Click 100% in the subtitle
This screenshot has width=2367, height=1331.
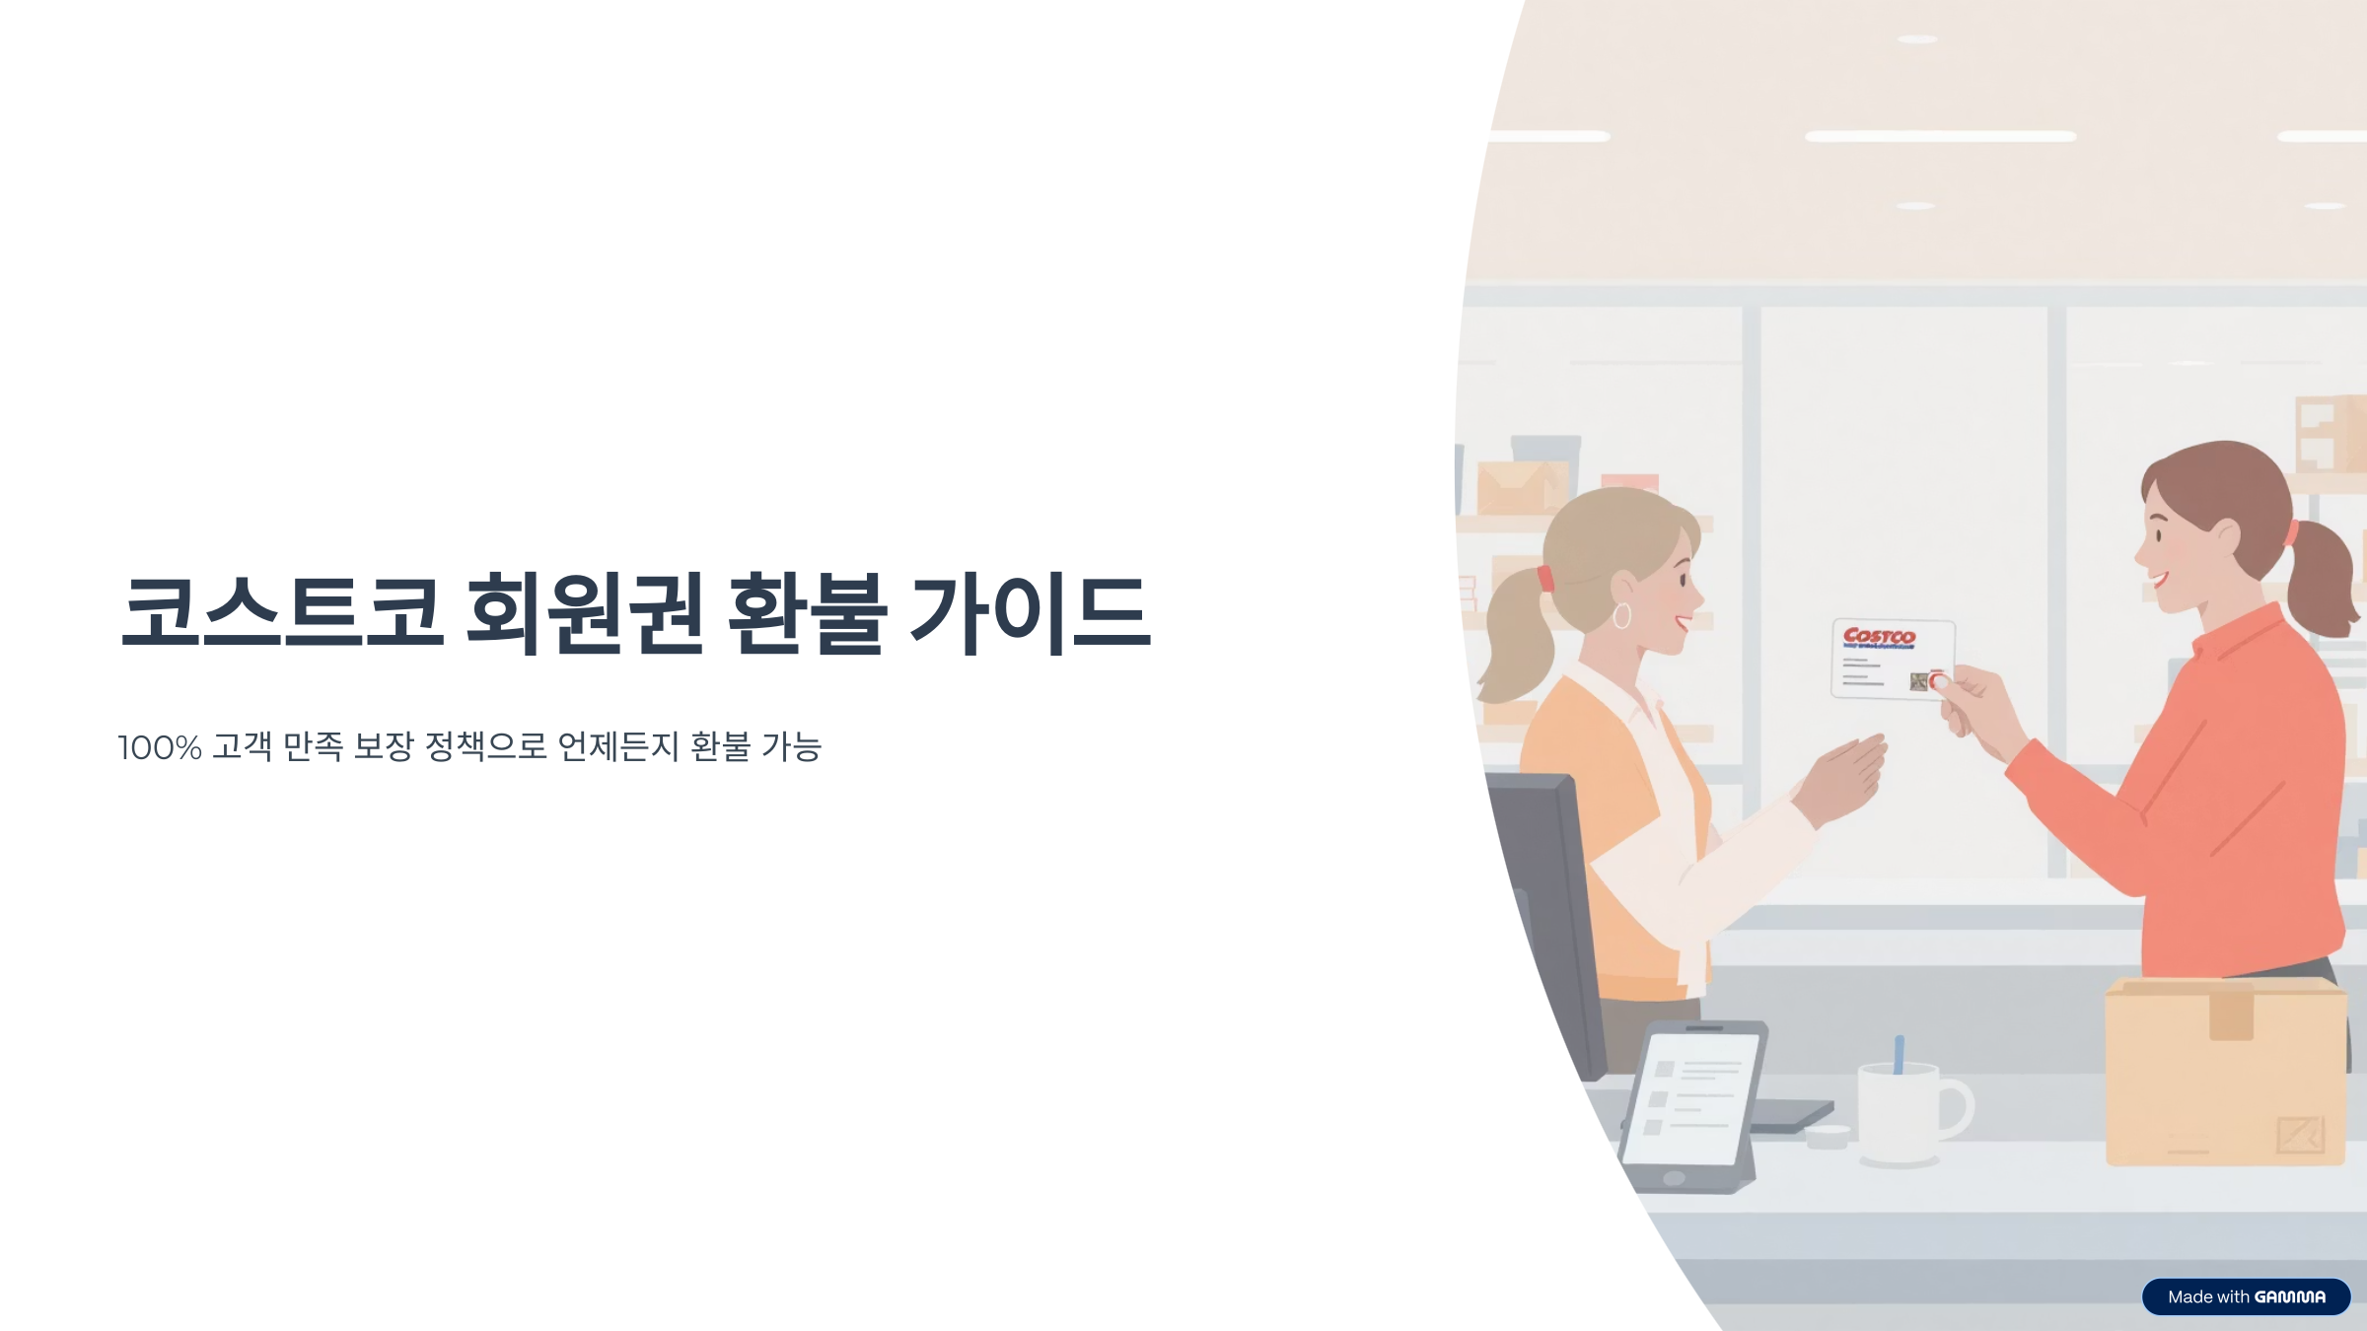pyautogui.click(x=160, y=747)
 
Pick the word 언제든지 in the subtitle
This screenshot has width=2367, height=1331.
pyautogui.click(x=618, y=747)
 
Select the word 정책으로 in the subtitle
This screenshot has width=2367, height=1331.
pyautogui.click(x=485, y=747)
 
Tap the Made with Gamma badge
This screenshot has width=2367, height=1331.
pyautogui.click(x=2246, y=1296)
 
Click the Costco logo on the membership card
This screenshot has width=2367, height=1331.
pyautogui.click(x=1879, y=637)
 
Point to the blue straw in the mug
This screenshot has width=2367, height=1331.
pyautogui.click(x=1899, y=1053)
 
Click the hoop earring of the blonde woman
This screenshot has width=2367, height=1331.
pyautogui.click(x=1621, y=616)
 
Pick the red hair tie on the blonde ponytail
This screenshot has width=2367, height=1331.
pyautogui.click(x=1544, y=579)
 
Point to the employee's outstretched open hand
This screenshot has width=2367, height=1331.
pyautogui.click(x=1842, y=779)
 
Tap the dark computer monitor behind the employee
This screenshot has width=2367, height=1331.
pyautogui.click(x=1548, y=917)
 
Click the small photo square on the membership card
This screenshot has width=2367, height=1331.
pyautogui.click(x=1918, y=681)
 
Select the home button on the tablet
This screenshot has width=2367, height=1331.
pyautogui.click(x=1674, y=1178)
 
